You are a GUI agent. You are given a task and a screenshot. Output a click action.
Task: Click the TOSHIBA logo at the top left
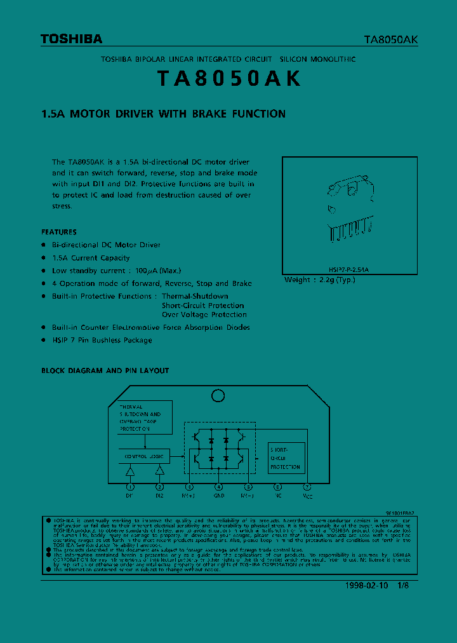coord(71,39)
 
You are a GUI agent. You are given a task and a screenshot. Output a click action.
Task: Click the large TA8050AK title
coord(228,78)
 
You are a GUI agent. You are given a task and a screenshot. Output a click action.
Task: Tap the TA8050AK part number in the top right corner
coord(390,39)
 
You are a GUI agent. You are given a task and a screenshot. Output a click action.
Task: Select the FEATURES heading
coord(59,232)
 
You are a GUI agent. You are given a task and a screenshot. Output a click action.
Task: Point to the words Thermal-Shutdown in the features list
coord(195,296)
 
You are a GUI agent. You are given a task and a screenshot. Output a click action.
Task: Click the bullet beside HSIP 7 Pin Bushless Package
coord(44,340)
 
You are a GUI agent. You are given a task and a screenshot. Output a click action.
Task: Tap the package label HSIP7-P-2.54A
coord(348,269)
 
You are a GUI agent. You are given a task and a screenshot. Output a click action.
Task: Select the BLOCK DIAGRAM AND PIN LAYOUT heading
coord(105,370)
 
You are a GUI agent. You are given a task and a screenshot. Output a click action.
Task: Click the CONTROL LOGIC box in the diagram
coord(143,456)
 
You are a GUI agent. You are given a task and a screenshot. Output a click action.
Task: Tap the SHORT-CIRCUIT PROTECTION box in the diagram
coord(286,457)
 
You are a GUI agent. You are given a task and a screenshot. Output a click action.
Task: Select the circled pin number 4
coord(218,487)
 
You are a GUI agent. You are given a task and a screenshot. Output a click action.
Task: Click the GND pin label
coord(218,495)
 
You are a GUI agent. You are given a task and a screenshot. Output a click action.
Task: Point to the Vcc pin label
coord(307,495)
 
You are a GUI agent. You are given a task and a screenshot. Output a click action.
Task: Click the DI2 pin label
coord(159,495)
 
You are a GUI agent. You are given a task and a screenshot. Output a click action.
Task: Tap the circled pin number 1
coord(129,487)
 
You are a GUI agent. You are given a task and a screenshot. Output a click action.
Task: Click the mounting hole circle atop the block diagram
coord(218,395)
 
